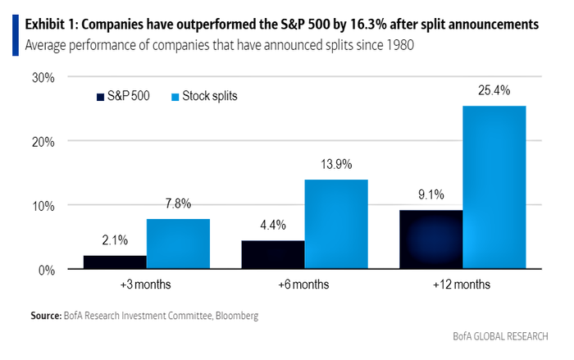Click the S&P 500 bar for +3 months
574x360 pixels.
tap(115, 262)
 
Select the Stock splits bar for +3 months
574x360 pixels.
tap(178, 244)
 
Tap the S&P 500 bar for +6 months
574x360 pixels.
tap(272, 255)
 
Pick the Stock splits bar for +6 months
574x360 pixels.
tap(336, 224)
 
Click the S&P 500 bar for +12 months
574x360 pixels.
tap(430, 239)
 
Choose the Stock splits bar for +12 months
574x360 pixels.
tap(494, 188)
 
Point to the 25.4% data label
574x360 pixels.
tap(495, 90)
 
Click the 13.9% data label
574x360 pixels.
tap(336, 164)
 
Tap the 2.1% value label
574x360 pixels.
tap(116, 240)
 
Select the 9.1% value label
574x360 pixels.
tap(431, 195)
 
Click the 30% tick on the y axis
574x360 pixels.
tap(43, 78)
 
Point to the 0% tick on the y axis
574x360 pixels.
tap(46, 269)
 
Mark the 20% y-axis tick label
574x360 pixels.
tap(43, 141)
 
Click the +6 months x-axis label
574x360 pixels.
tap(304, 285)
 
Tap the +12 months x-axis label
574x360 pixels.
tap(462, 285)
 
